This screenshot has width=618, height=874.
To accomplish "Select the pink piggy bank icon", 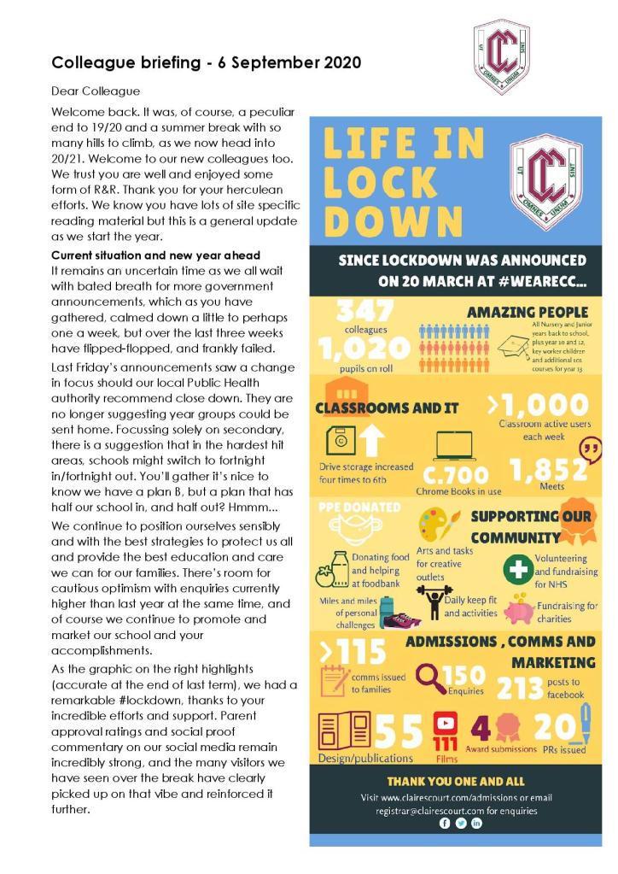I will (x=520, y=610).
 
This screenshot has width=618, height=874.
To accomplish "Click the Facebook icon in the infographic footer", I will (x=444, y=823).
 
